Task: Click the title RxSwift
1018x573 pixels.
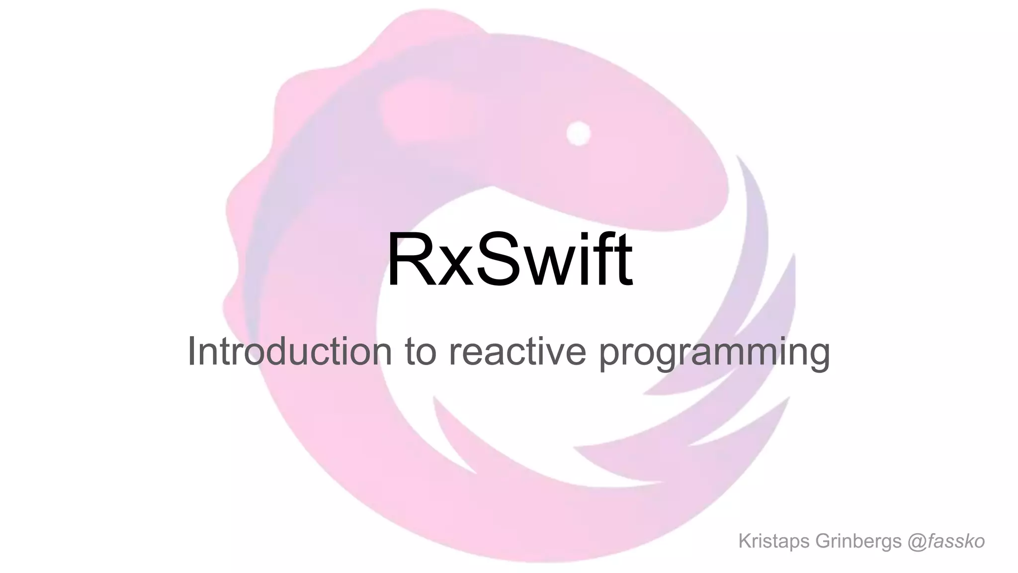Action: click(x=509, y=260)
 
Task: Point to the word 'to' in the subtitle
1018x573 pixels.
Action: click(x=421, y=351)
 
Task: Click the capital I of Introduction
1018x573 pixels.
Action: click(x=191, y=351)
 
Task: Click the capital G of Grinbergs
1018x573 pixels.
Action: click(x=823, y=541)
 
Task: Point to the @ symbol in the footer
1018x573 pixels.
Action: click(x=916, y=542)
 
